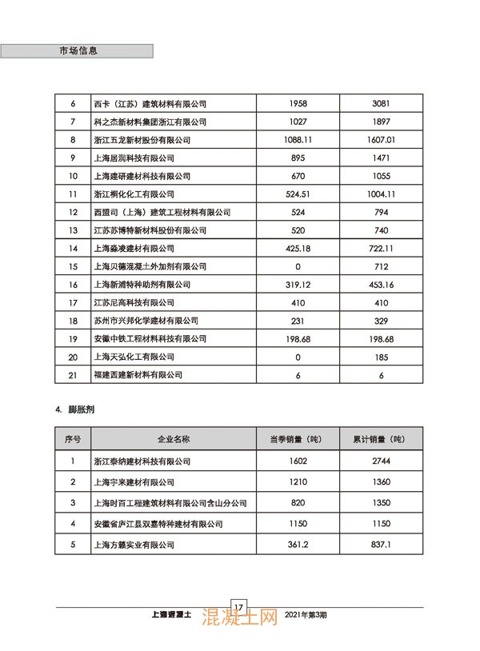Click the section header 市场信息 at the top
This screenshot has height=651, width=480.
[78, 50]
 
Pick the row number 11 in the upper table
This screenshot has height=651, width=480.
[73, 194]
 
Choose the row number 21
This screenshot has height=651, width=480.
[73, 375]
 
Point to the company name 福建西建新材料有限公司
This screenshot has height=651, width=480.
[138, 375]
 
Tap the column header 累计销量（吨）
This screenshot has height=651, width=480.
[379, 440]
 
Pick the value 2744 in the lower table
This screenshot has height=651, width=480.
[379, 461]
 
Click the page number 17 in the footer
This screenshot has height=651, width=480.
[238, 606]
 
